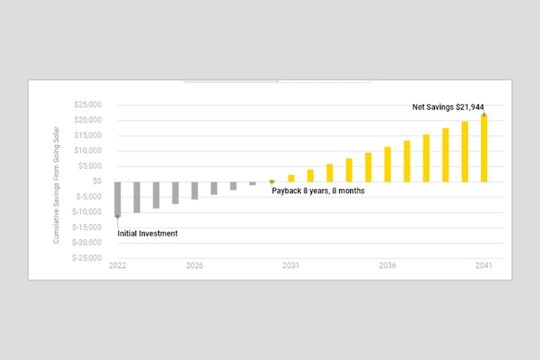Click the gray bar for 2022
pos(118,199)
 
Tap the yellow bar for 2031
pos(291,177)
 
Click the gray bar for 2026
pos(194,190)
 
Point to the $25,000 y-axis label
pos(88,105)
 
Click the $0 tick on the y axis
pos(96,181)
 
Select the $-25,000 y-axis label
pos(86,258)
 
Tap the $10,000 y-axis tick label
pos(88,151)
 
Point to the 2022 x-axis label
pos(118,266)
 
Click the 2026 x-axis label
pos(194,266)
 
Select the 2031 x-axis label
pos(291,266)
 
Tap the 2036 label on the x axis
pos(388,266)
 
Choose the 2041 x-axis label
pos(484,266)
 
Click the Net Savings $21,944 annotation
pos(447,107)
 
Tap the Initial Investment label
pos(148,233)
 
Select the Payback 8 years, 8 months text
pos(318,191)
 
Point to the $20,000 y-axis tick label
pos(88,120)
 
